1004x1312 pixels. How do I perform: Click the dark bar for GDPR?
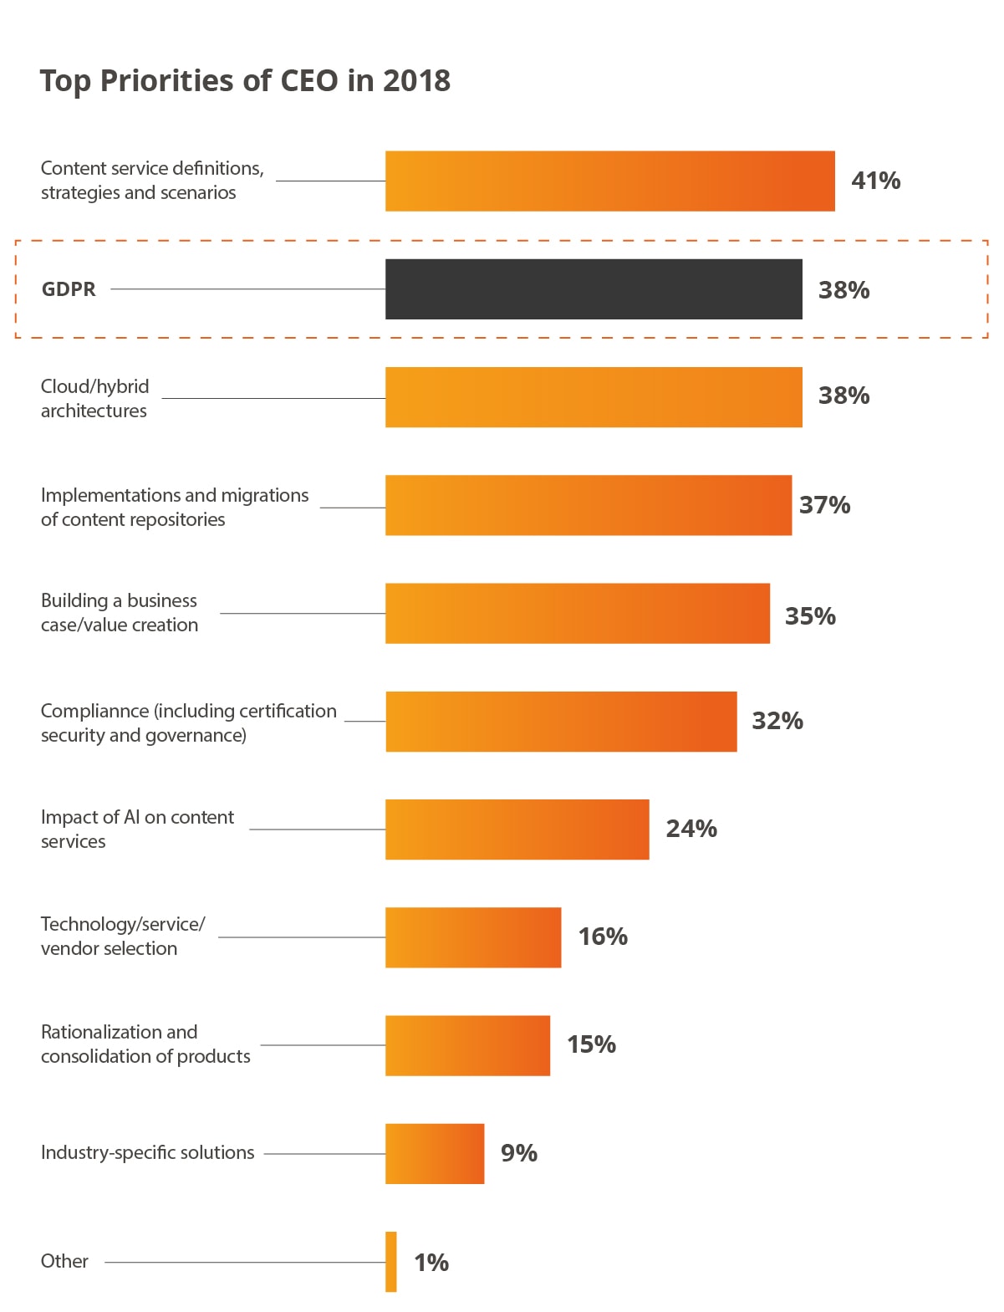[x=594, y=289]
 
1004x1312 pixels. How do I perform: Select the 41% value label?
[x=875, y=181]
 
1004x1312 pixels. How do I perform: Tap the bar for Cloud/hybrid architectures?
[x=594, y=397]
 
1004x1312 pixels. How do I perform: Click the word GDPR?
[x=69, y=289]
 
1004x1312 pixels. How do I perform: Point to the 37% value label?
[x=824, y=505]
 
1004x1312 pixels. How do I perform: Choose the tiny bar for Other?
[x=391, y=1261]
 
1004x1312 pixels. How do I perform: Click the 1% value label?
[x=431, y=1262]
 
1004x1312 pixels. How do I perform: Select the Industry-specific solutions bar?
[x=435, y=1153]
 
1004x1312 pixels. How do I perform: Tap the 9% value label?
[x=518, y=1153]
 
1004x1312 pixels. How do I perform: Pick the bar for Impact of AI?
[x=517, y=830]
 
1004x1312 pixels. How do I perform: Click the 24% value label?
[x=691, y=829]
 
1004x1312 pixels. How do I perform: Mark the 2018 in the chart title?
[x=416, y=81]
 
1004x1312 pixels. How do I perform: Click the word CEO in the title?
[x=309, y=81]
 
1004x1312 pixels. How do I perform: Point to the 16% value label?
[x=603, y=937]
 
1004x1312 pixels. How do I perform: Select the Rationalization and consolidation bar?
[x=467, y=1045]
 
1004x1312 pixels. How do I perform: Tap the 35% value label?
[x=810, y=616]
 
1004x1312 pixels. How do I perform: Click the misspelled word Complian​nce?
[x=94, y=711]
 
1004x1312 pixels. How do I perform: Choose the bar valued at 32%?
[x=561, y=722]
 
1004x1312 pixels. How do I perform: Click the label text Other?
[x=64, y=1261]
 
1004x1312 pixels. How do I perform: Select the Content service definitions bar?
[x=609, y=181]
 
